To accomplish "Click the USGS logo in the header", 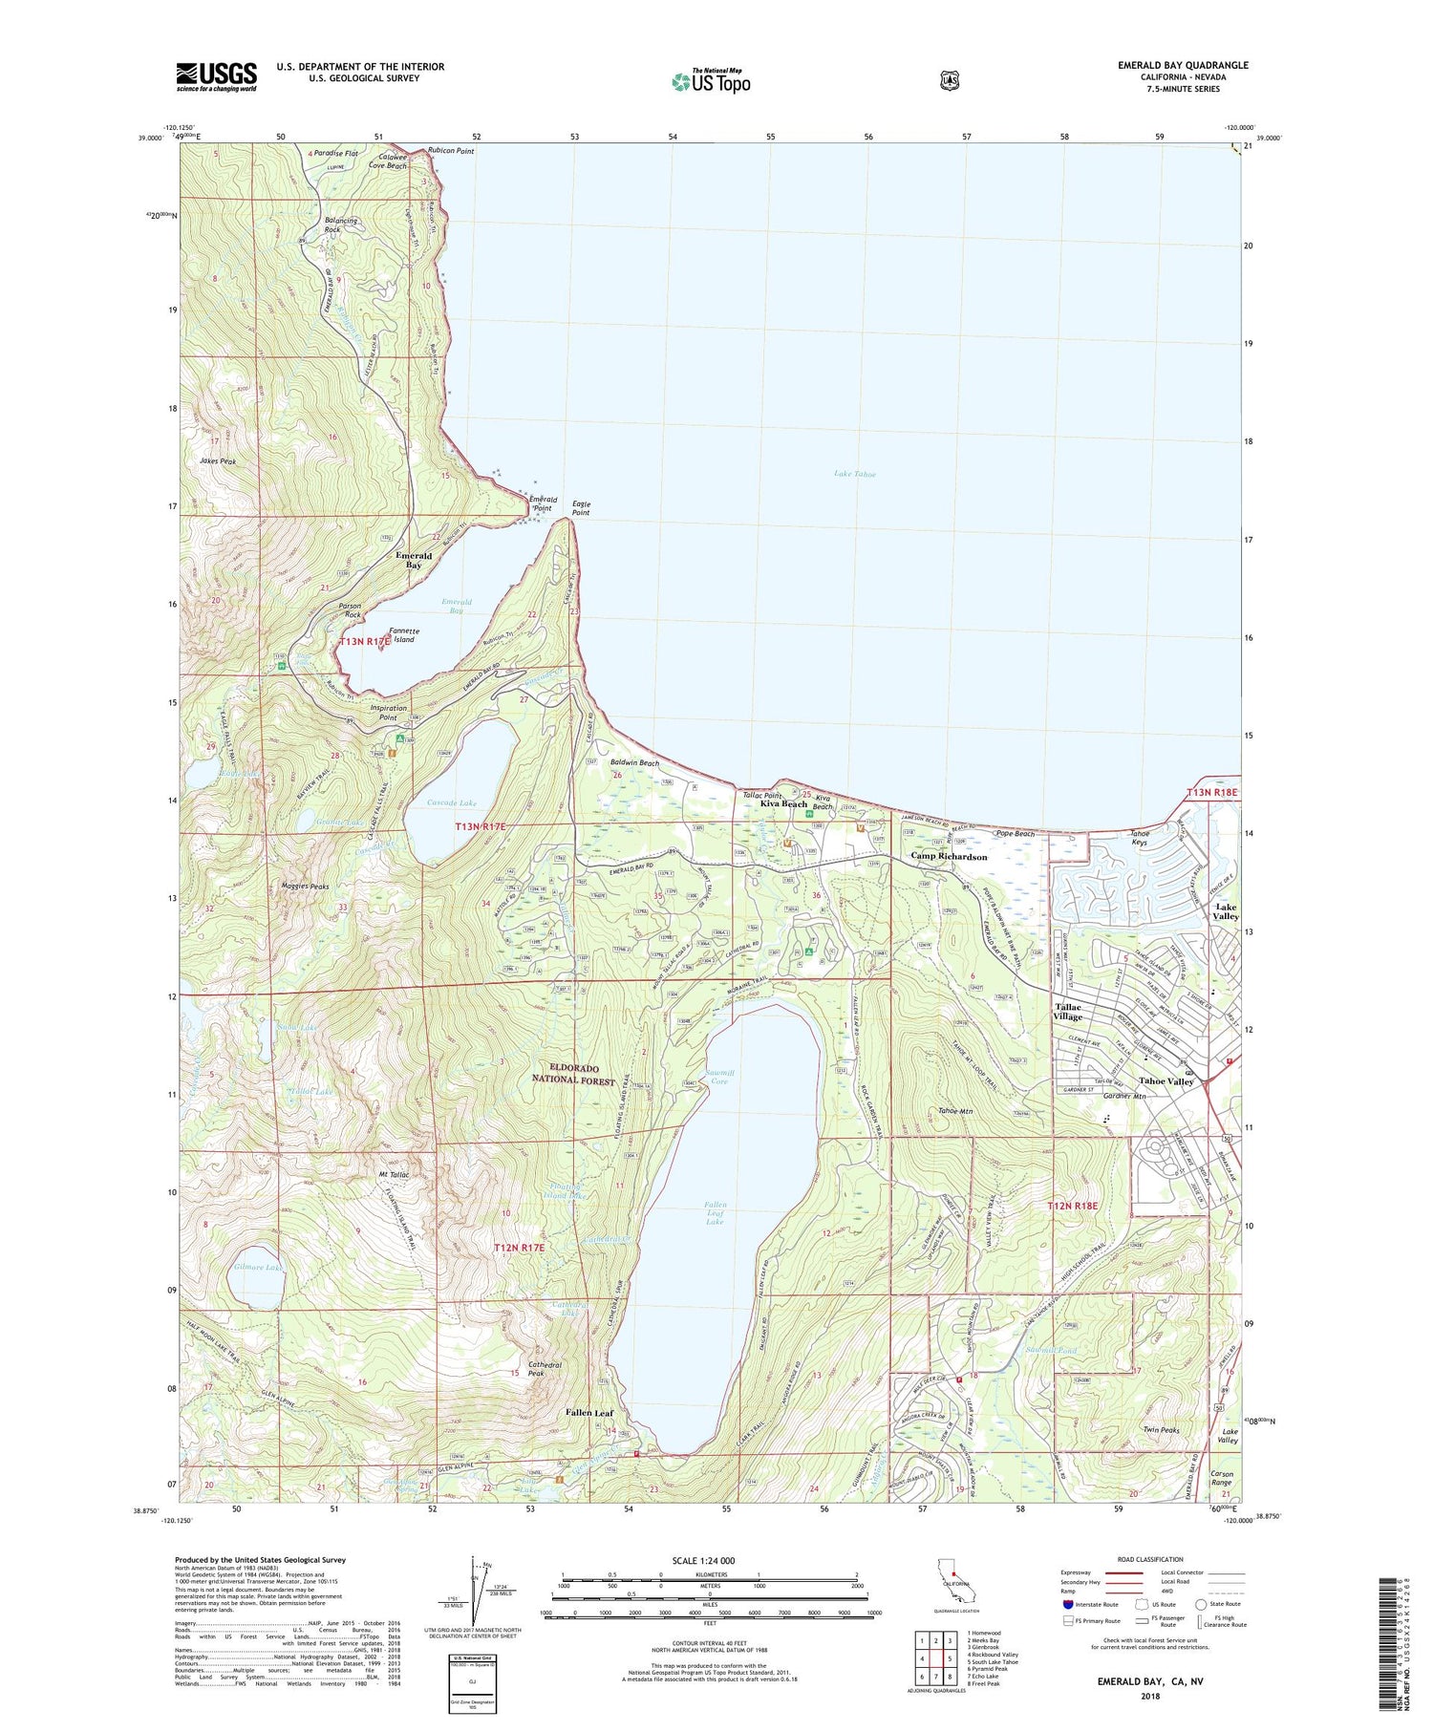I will [216, 76].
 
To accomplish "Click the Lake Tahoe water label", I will [854, 474].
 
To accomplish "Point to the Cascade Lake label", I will [452, 803].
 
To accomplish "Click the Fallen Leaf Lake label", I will [716, 1213].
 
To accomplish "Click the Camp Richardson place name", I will [949, 857].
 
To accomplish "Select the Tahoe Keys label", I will [1139, 838].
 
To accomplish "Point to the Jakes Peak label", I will [218, 460].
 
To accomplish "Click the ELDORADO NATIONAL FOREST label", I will [575, 1074].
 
